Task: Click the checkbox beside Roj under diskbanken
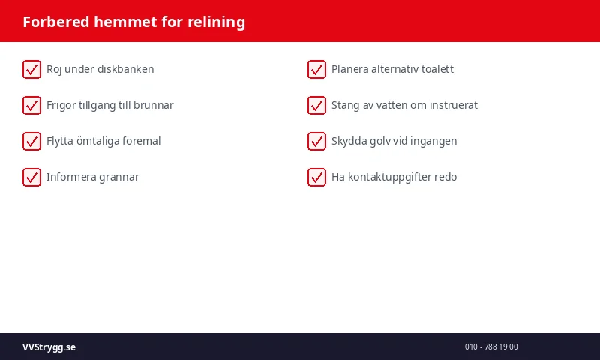pyautogui.click(x=31, y=69)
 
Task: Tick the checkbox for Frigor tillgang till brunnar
pyautogui.click(x=31, y=105)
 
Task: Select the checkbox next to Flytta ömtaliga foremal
pyautogui.click(x=31, y=141)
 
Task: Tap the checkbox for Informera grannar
pyautogui.click(x=31, y=177)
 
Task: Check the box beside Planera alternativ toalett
pyautogui.click(x=316, y=69)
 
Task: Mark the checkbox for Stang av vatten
pyautogui.click(x=316, y=105)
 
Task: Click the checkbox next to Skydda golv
pyautogui.click(x=316, y=141)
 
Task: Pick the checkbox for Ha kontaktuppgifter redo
pyautogui.click(x=316, y=177)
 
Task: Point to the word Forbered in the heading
pyautogui.click(x=56, y=22)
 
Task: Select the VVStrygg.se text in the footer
pyautogui.click(x=49, y=347)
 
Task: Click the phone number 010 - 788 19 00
pyautogui.click(x=491, y=347)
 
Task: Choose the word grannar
pyautogui.click(x=117, y=177)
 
